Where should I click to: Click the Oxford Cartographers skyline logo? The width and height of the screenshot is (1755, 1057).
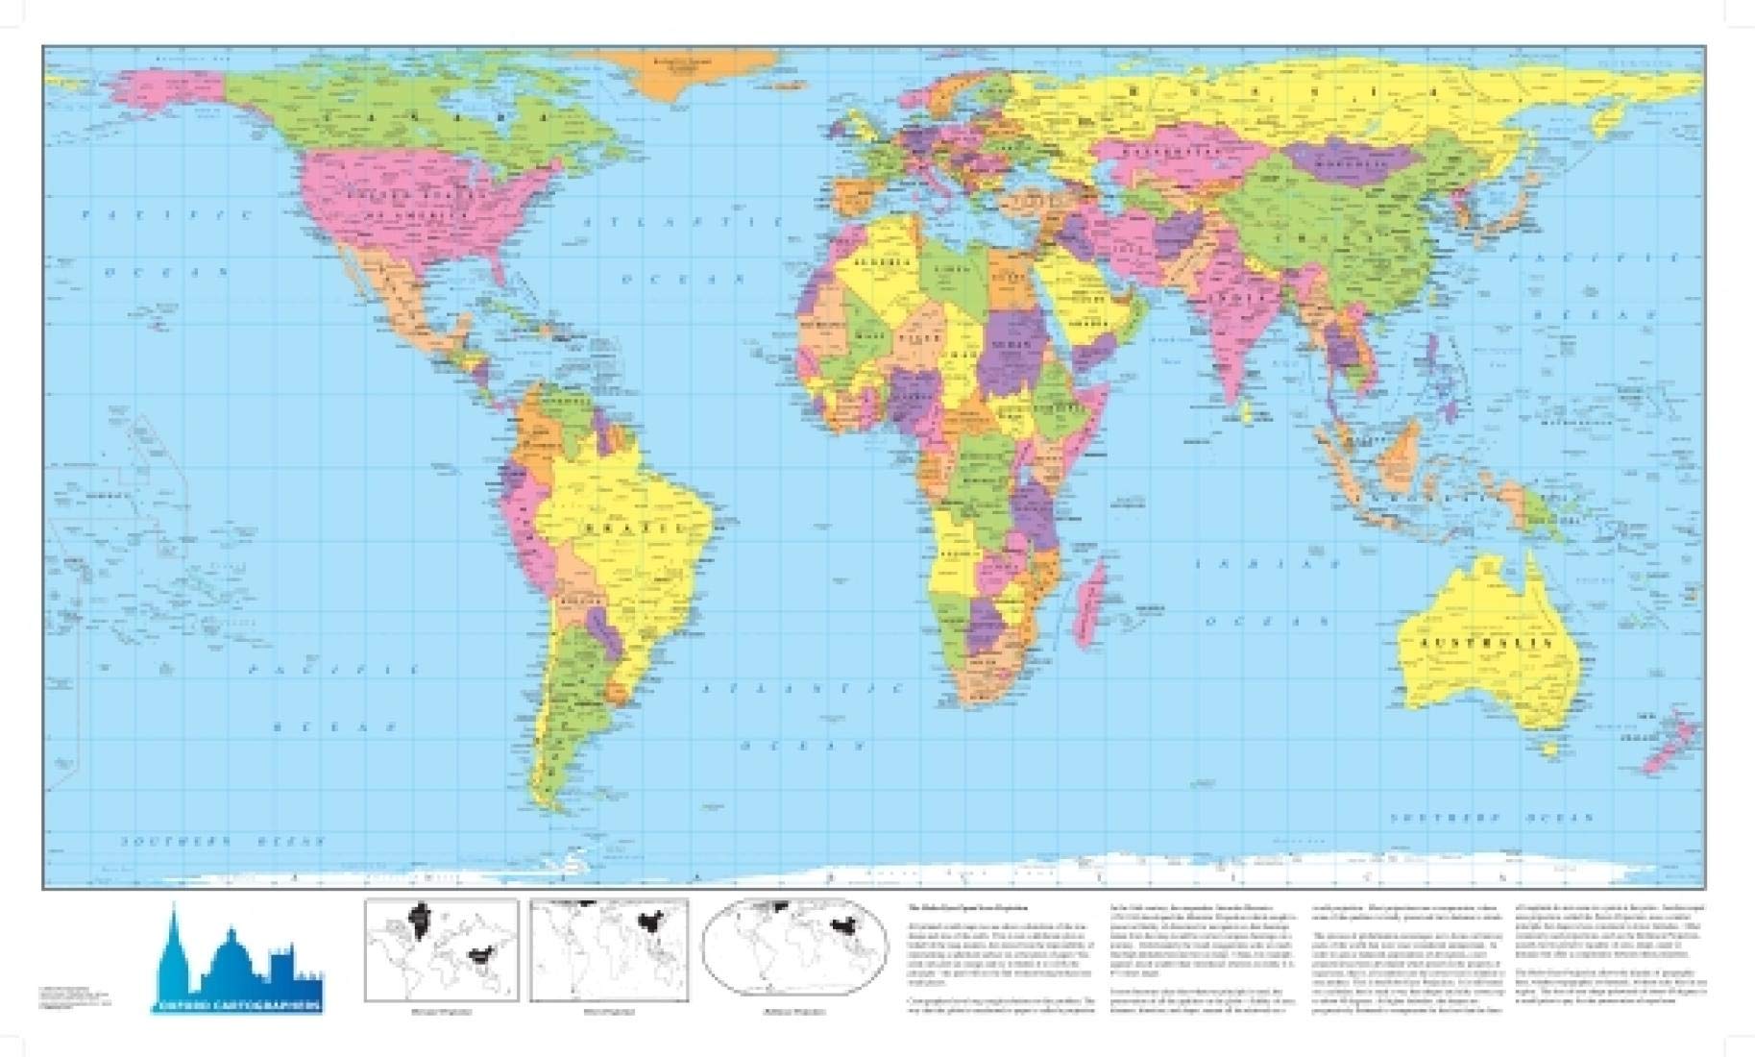click(237, 961)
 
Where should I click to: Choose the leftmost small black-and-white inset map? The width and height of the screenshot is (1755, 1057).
click(441, 950)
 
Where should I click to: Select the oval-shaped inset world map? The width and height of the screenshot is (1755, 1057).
click(794, 950)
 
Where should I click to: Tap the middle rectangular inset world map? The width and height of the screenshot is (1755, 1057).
click(609, 950)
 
